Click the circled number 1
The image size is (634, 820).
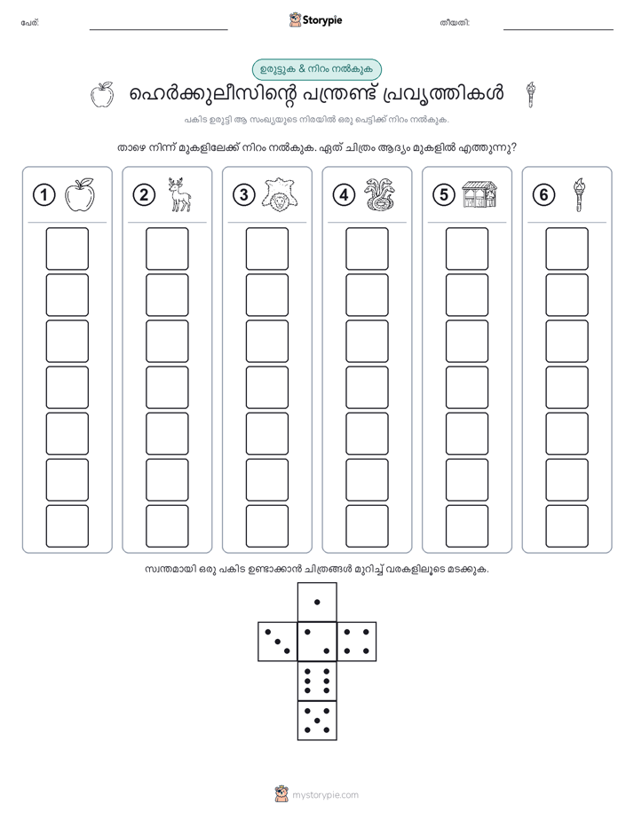(x=44, y=195)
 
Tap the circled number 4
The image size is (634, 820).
(x=344, y=195)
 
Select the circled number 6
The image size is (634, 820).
(x=543, y=195)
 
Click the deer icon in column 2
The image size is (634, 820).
(x=179, y=195)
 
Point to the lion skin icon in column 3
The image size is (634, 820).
(x=280, y=195)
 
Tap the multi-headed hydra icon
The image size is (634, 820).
(x=380, y=195)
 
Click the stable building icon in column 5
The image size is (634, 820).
(x=479, y=194)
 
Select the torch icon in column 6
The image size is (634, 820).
(x=579, y=195)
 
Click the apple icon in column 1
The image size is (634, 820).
(x=80, y=195)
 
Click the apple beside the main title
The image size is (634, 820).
(x=102, y=95)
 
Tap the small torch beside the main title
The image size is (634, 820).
(x=531, y=95)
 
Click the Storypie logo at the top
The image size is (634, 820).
(x=315, y=20)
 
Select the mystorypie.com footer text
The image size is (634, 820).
(x=325, y=795)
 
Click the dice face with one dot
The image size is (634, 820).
(x=317, y=602)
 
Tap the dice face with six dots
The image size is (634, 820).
(x=317, y=681)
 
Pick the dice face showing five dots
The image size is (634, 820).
(x=317, y=721)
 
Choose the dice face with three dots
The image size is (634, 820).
(x=278, y=642)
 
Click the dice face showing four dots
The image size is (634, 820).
(x=357, y=642)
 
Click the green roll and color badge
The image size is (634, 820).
(x=317, y=69)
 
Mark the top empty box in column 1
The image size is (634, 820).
(x=67, y=248)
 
